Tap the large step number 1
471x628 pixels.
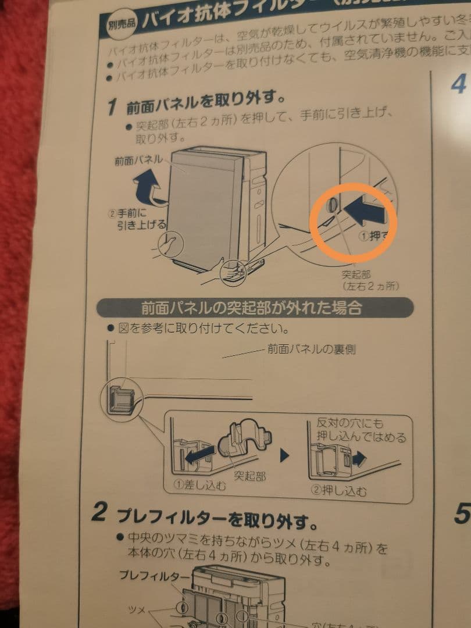pyautogui.click(x=115, y=107)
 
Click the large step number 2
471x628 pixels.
pyautogui.click(x=101, y=512)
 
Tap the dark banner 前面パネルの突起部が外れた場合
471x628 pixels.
pyautogui.click(x=252, y=307)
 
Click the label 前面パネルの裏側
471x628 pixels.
pyautogui.click(x=311, y=349)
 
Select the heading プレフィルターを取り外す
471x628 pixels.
pyautogui.click(x=218, y=516)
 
